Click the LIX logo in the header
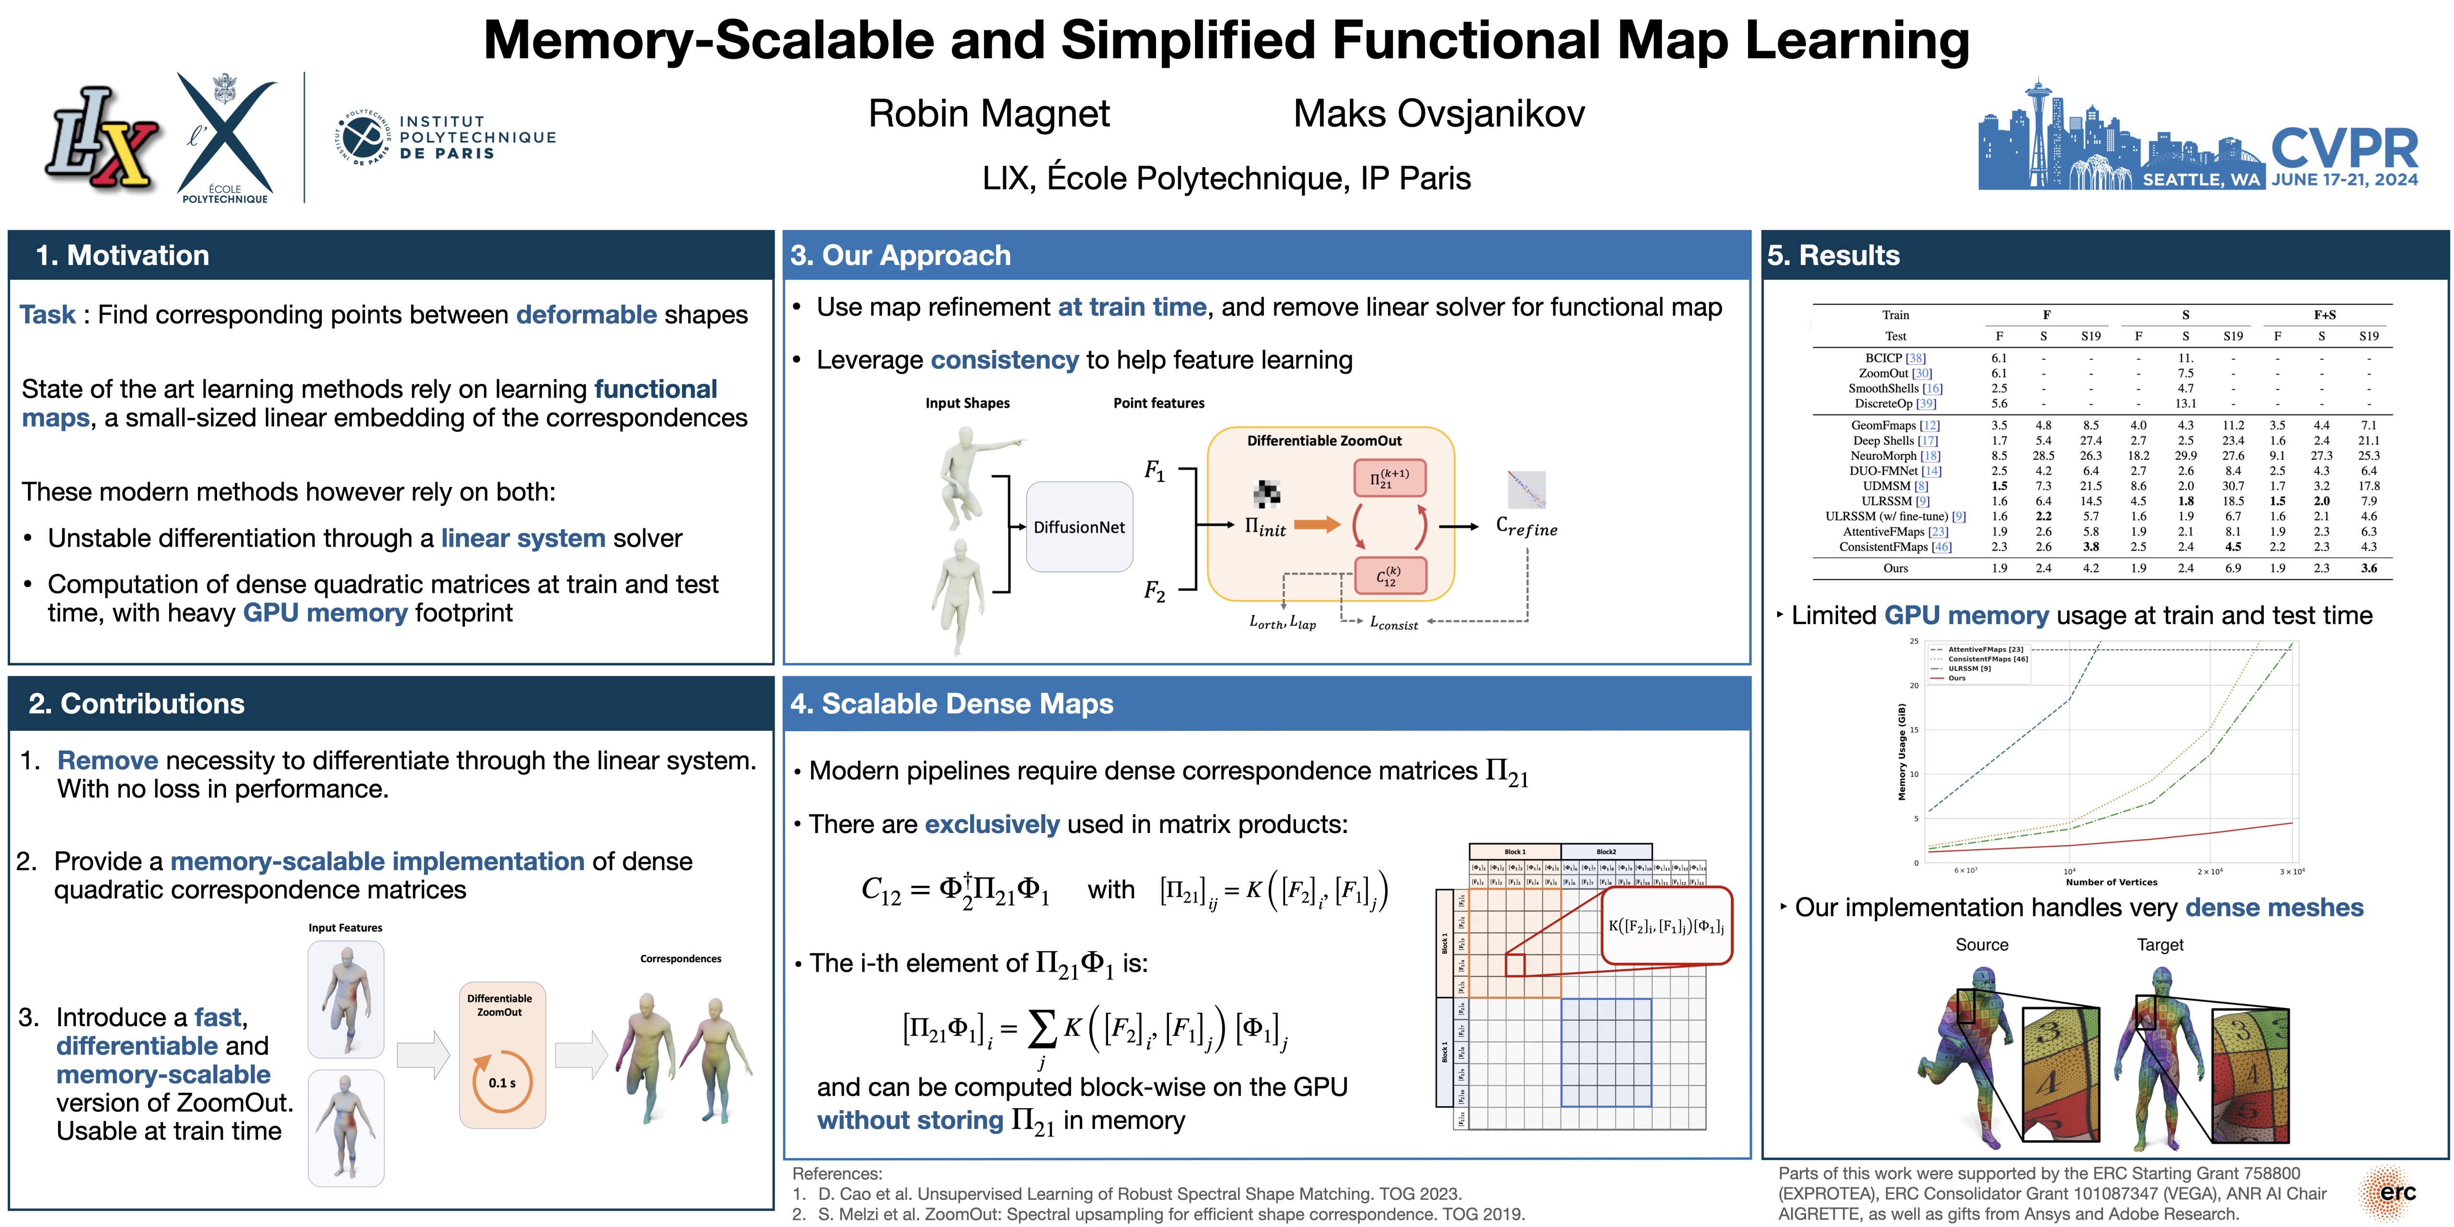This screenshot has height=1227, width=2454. coord(102,138)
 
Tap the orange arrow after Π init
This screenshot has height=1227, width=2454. coord(1317,524)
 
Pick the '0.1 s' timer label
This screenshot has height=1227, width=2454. coord(502,1083)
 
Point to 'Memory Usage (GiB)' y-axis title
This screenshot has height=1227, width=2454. coord(1901,752)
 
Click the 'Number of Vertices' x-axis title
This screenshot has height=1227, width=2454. coord(2111,882)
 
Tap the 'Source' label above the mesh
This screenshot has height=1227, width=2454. coord(1981,945)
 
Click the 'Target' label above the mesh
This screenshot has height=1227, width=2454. coord(2160,945)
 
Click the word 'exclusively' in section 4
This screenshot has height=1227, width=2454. coord(991,824)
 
